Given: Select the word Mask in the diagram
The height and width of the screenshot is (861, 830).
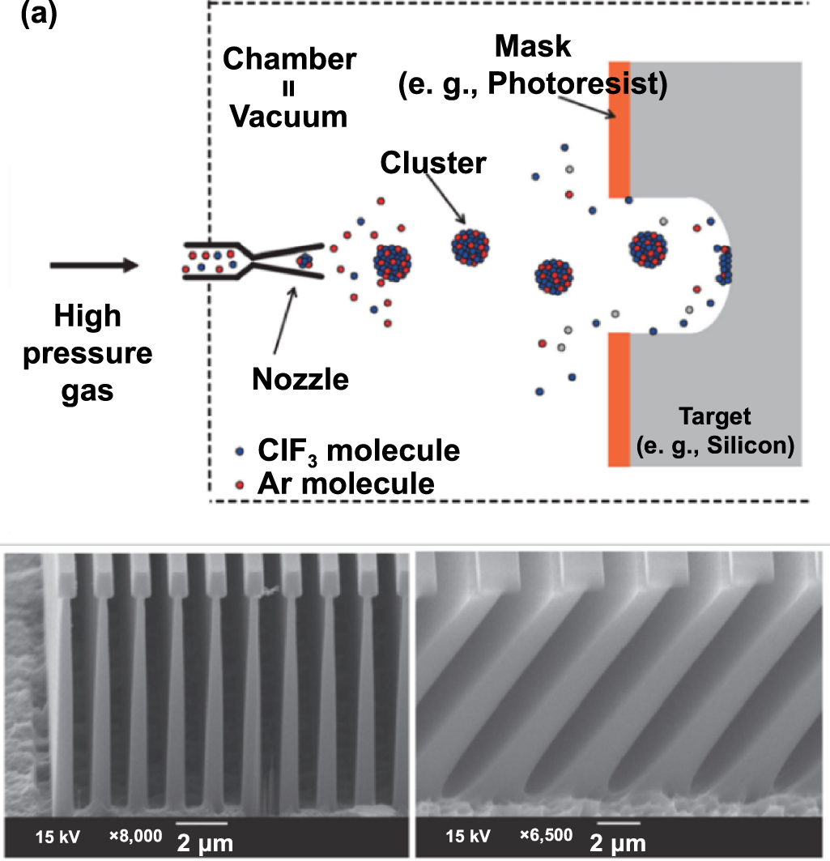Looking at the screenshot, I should [532, 46].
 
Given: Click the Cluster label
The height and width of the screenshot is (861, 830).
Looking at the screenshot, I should [433, 163].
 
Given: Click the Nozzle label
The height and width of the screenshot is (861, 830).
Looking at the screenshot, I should [300, 377].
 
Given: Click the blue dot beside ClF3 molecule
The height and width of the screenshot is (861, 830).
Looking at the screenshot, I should [239, 451].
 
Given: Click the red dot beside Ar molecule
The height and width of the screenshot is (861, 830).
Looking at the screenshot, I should [239, 484].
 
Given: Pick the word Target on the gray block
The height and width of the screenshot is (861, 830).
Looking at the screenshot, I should [715, 417].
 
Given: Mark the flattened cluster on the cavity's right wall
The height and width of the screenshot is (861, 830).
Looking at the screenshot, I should [723, 264].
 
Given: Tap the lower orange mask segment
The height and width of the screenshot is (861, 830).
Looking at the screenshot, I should [618, 399].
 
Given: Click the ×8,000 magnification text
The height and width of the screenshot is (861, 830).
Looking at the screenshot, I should [135, 835].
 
